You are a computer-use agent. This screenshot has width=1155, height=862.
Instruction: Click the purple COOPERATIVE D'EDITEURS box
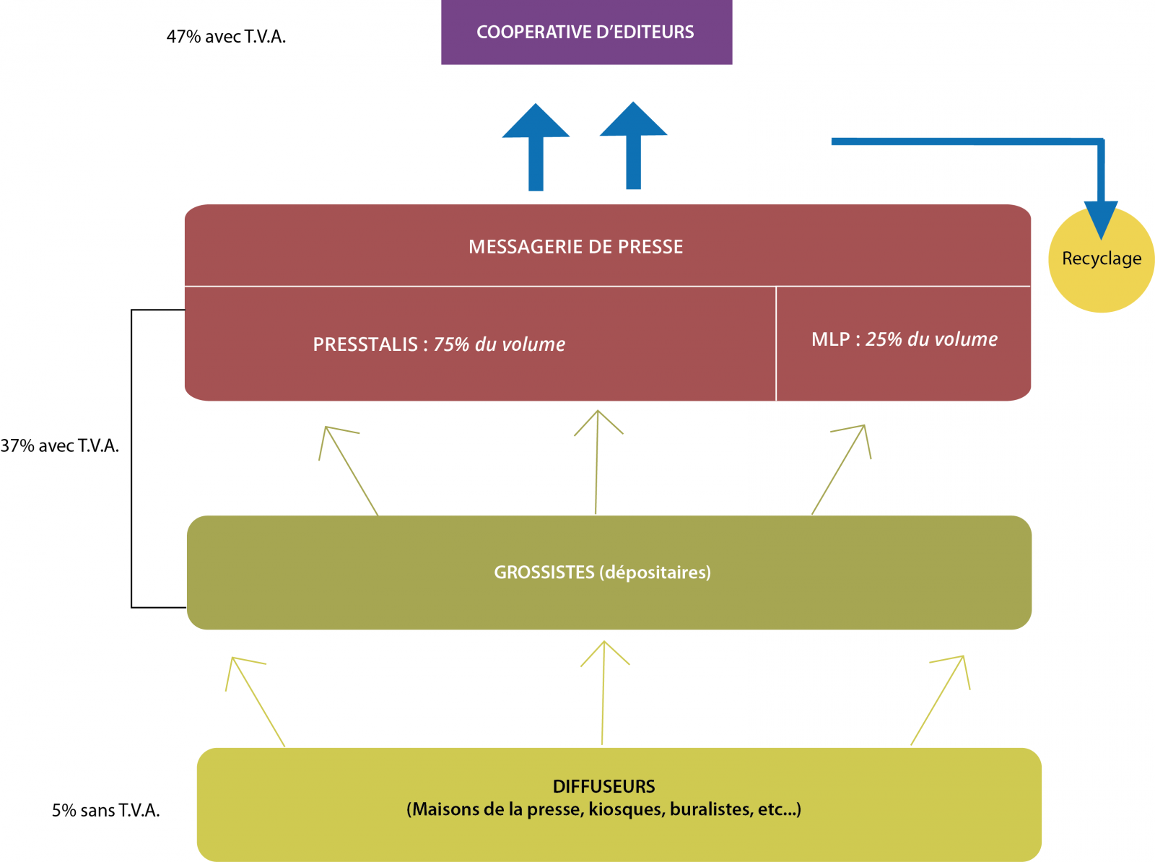click(x=586, y=32)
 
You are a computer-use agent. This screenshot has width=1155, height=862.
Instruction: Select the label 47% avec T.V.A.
click(x=226, y=37)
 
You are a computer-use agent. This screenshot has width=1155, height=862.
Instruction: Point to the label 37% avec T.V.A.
click(x=60, y=446)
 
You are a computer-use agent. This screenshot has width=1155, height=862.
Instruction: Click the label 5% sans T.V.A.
click(x=105, y=811)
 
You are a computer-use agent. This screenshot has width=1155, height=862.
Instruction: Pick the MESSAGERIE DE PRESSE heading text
click(x=575, y=247)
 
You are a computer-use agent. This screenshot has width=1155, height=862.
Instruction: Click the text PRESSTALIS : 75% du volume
click(x=439, y=344)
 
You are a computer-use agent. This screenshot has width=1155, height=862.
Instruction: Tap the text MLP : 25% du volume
click(x=904, y=339)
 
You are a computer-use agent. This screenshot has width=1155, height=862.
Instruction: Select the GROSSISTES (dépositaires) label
click(x=602, y=573)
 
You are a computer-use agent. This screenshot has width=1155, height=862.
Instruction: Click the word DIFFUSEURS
click(x=603, y=786)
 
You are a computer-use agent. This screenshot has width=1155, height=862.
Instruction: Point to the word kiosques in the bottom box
click(x=626, y=809)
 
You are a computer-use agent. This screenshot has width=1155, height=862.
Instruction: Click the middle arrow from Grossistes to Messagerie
click(x=597, y=462)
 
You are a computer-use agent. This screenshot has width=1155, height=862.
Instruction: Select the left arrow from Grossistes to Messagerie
click(x=350, y=469)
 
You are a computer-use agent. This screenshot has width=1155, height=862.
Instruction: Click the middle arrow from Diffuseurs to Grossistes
click(x=603, y=693)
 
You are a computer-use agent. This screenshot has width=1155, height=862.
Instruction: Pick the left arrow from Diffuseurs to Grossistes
click(x=257, y=700)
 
